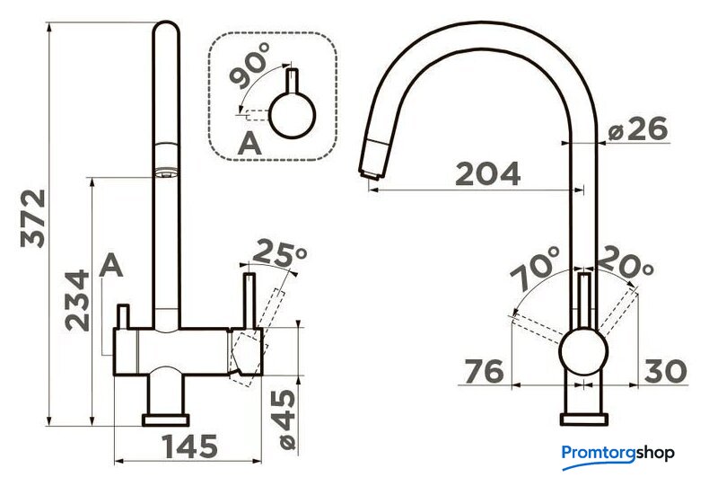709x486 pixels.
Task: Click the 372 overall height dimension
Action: coord(33,218)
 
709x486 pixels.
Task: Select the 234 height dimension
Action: coord(77,300)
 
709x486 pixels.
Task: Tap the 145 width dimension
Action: coord(190,446)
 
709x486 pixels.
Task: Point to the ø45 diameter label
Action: coord(286,420)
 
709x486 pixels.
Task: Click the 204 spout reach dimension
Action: coord(487,173)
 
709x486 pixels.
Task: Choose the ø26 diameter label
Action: coord(637,129)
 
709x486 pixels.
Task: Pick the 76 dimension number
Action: coord(484,371)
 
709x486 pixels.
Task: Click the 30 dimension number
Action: coord(665,371)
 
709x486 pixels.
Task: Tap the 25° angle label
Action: coord(279,253)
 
